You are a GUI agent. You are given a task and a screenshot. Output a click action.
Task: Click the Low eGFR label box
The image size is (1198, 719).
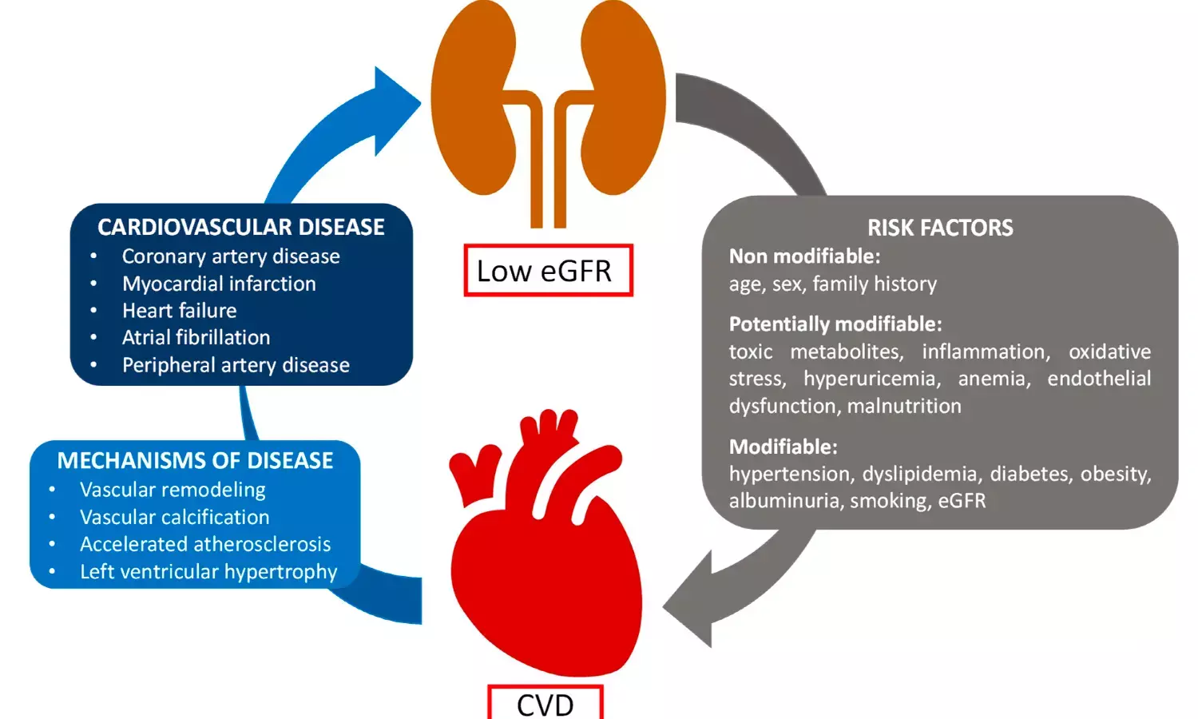(x=548, y=270)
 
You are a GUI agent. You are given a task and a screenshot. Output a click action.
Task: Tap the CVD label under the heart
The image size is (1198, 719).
(x=545, y=702)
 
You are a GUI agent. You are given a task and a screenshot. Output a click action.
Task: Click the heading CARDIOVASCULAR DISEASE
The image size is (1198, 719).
(x=240, y=227)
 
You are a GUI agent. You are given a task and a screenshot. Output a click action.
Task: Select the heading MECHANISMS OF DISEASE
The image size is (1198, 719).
(x=195, y=461)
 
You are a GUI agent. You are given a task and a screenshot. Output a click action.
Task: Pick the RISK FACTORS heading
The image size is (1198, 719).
(x=940, y=228)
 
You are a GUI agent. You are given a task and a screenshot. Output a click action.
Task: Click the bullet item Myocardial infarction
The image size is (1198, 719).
(x=219, y=284)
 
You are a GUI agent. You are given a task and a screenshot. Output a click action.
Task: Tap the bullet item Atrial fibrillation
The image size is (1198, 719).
(x=196, y=338)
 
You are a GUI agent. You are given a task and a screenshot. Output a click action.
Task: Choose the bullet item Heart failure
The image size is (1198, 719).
(x=179, y=311)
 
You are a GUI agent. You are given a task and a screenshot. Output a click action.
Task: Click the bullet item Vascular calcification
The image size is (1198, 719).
(x=174, y=518)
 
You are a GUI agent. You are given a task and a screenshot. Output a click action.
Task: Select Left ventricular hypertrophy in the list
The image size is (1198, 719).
(x=208, y=571)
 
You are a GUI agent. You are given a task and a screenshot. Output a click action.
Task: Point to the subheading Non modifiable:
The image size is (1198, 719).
(x=804, y=256)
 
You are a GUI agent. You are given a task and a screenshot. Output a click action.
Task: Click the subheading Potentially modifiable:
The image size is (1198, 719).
(x=835, y=324)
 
